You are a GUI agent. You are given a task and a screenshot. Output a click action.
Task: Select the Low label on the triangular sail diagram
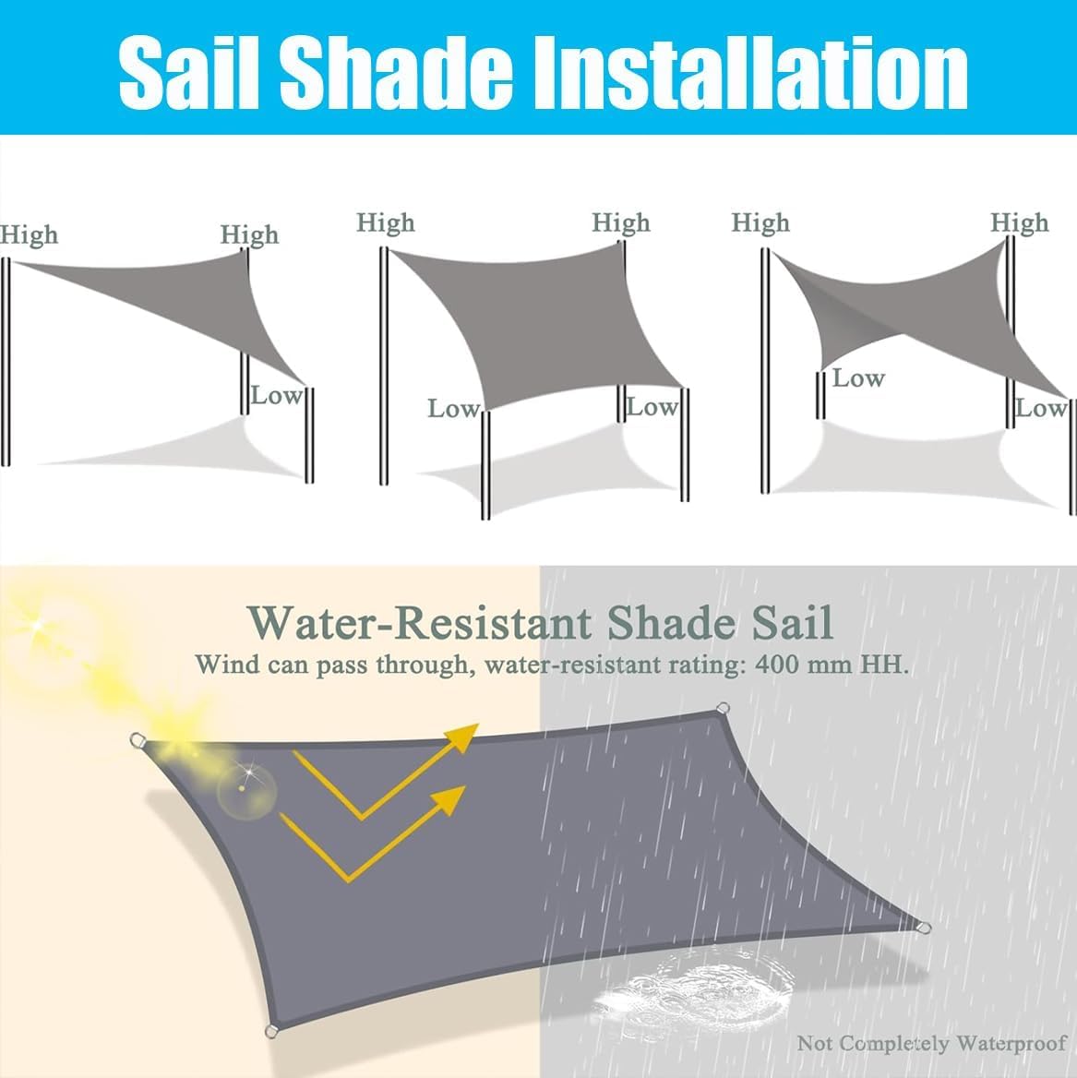(x=276, y=395)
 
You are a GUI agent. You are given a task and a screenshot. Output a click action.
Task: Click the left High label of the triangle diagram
(x=29, y=235)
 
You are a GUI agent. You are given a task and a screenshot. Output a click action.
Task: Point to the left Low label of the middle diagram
(x=454, y=408)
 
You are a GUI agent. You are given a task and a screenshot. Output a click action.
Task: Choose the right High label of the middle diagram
(x=620, y=222)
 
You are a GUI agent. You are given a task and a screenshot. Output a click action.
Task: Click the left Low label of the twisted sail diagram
(x=858, y=378)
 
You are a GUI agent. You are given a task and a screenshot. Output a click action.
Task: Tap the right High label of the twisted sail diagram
(x=1019, y=222)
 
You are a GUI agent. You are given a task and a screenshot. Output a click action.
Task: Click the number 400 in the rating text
(x=777, y=665)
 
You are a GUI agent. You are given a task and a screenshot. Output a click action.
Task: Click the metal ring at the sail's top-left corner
(x=138, y=740)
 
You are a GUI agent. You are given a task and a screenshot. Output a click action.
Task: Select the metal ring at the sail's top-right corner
(x=723, y=708)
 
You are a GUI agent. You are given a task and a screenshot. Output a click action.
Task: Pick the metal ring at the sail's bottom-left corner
(x=271, y=1031)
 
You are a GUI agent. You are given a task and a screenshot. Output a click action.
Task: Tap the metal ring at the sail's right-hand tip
(x=925, y=928)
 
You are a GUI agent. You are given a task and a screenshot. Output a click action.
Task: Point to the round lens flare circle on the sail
(x=246, y=791)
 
